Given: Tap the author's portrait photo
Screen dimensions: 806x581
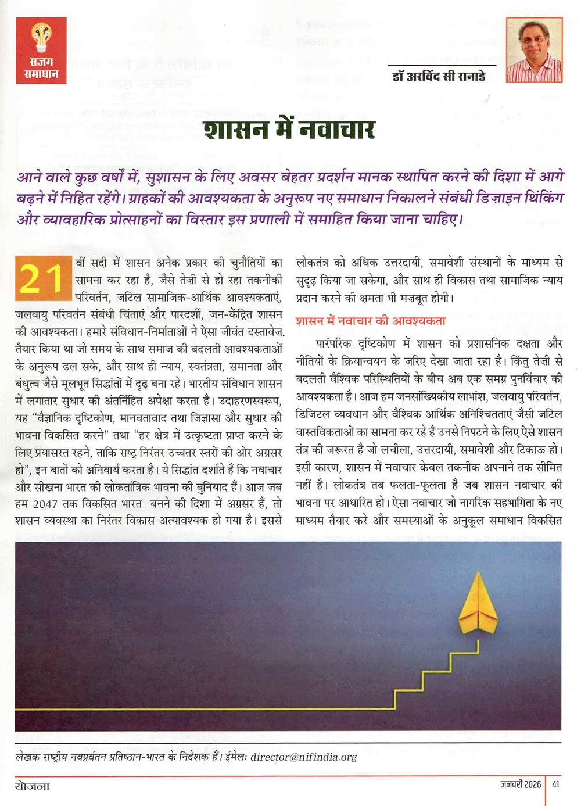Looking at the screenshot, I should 534,50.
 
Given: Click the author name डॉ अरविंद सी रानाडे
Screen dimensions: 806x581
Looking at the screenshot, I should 439,76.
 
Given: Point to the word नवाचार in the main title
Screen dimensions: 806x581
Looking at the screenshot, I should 336,130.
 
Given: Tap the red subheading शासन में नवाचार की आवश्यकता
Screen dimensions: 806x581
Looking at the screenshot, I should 370,321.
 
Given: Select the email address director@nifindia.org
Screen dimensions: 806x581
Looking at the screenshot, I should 303,757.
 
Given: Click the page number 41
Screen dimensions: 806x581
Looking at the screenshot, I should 555,784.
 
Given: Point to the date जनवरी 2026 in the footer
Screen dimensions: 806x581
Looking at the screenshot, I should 521,784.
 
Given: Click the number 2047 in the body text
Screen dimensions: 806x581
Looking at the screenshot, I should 45,504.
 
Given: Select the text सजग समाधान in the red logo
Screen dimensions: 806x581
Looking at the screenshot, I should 41,69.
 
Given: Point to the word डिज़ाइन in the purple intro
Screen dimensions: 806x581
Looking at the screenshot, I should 496,198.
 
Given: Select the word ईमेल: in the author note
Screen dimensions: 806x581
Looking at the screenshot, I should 236,757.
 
